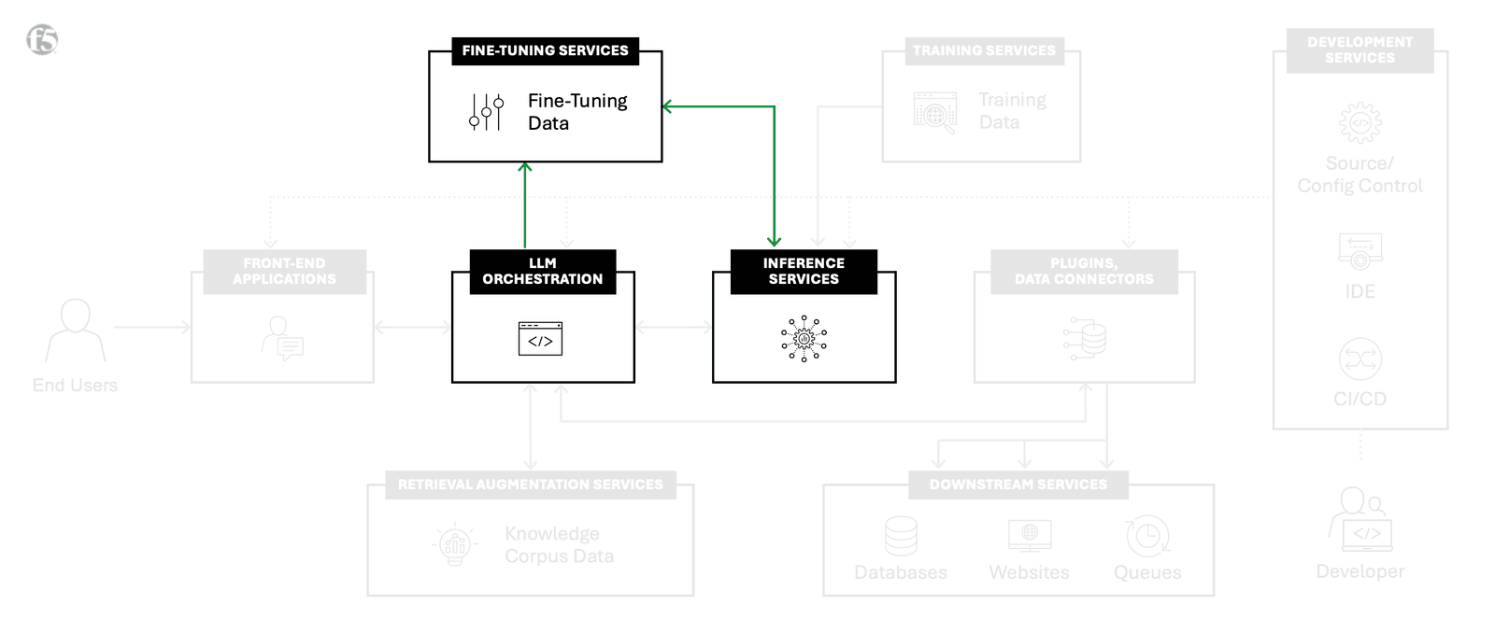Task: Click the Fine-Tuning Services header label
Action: pyautogui.click(x=545, y=50)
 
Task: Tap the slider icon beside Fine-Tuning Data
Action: pyautogui.click(x=486, y=112)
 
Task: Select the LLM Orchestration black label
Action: pyautogui.click(x=542, y=272)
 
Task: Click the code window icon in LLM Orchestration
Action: pyautogui.click(x=540, y=339)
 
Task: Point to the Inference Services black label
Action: pyautogui.click(x=804, y=272)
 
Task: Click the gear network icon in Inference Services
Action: pyautogui.click(x=804, y=339)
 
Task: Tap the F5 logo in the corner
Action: pyautogui.click(x=42, y=39)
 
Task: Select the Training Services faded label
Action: pyautogui.click(x=984, y=50)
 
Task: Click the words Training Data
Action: pyautogui.click(x=1012, y=111)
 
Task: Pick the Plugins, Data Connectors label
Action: pyautogui.click(x=1084, y=272)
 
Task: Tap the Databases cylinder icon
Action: pyautogui.click(x=901, y=536)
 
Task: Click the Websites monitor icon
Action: pyautogui.click(x=1029, y=536)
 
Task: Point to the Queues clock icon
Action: pyautogui.click(x=1147, y=536)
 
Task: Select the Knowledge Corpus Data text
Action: pyautogui.click(x=559, y=545)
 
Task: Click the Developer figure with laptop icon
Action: pyautogui.click(x=1360, y=519)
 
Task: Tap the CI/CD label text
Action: pyautogui.click(x=1360, y=399)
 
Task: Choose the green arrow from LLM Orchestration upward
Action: pyautogui.click(x=525, y=205)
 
